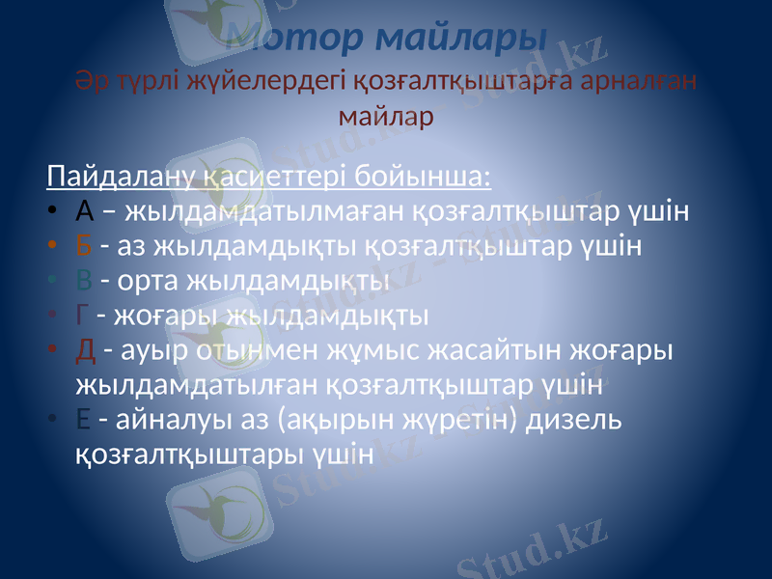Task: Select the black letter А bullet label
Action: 85,210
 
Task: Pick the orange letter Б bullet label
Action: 84,245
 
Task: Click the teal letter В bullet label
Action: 84,280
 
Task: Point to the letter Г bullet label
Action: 83,315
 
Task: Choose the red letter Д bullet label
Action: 85,349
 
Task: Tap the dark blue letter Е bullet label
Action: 83,419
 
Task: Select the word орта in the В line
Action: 146,281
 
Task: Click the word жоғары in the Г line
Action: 162,316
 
